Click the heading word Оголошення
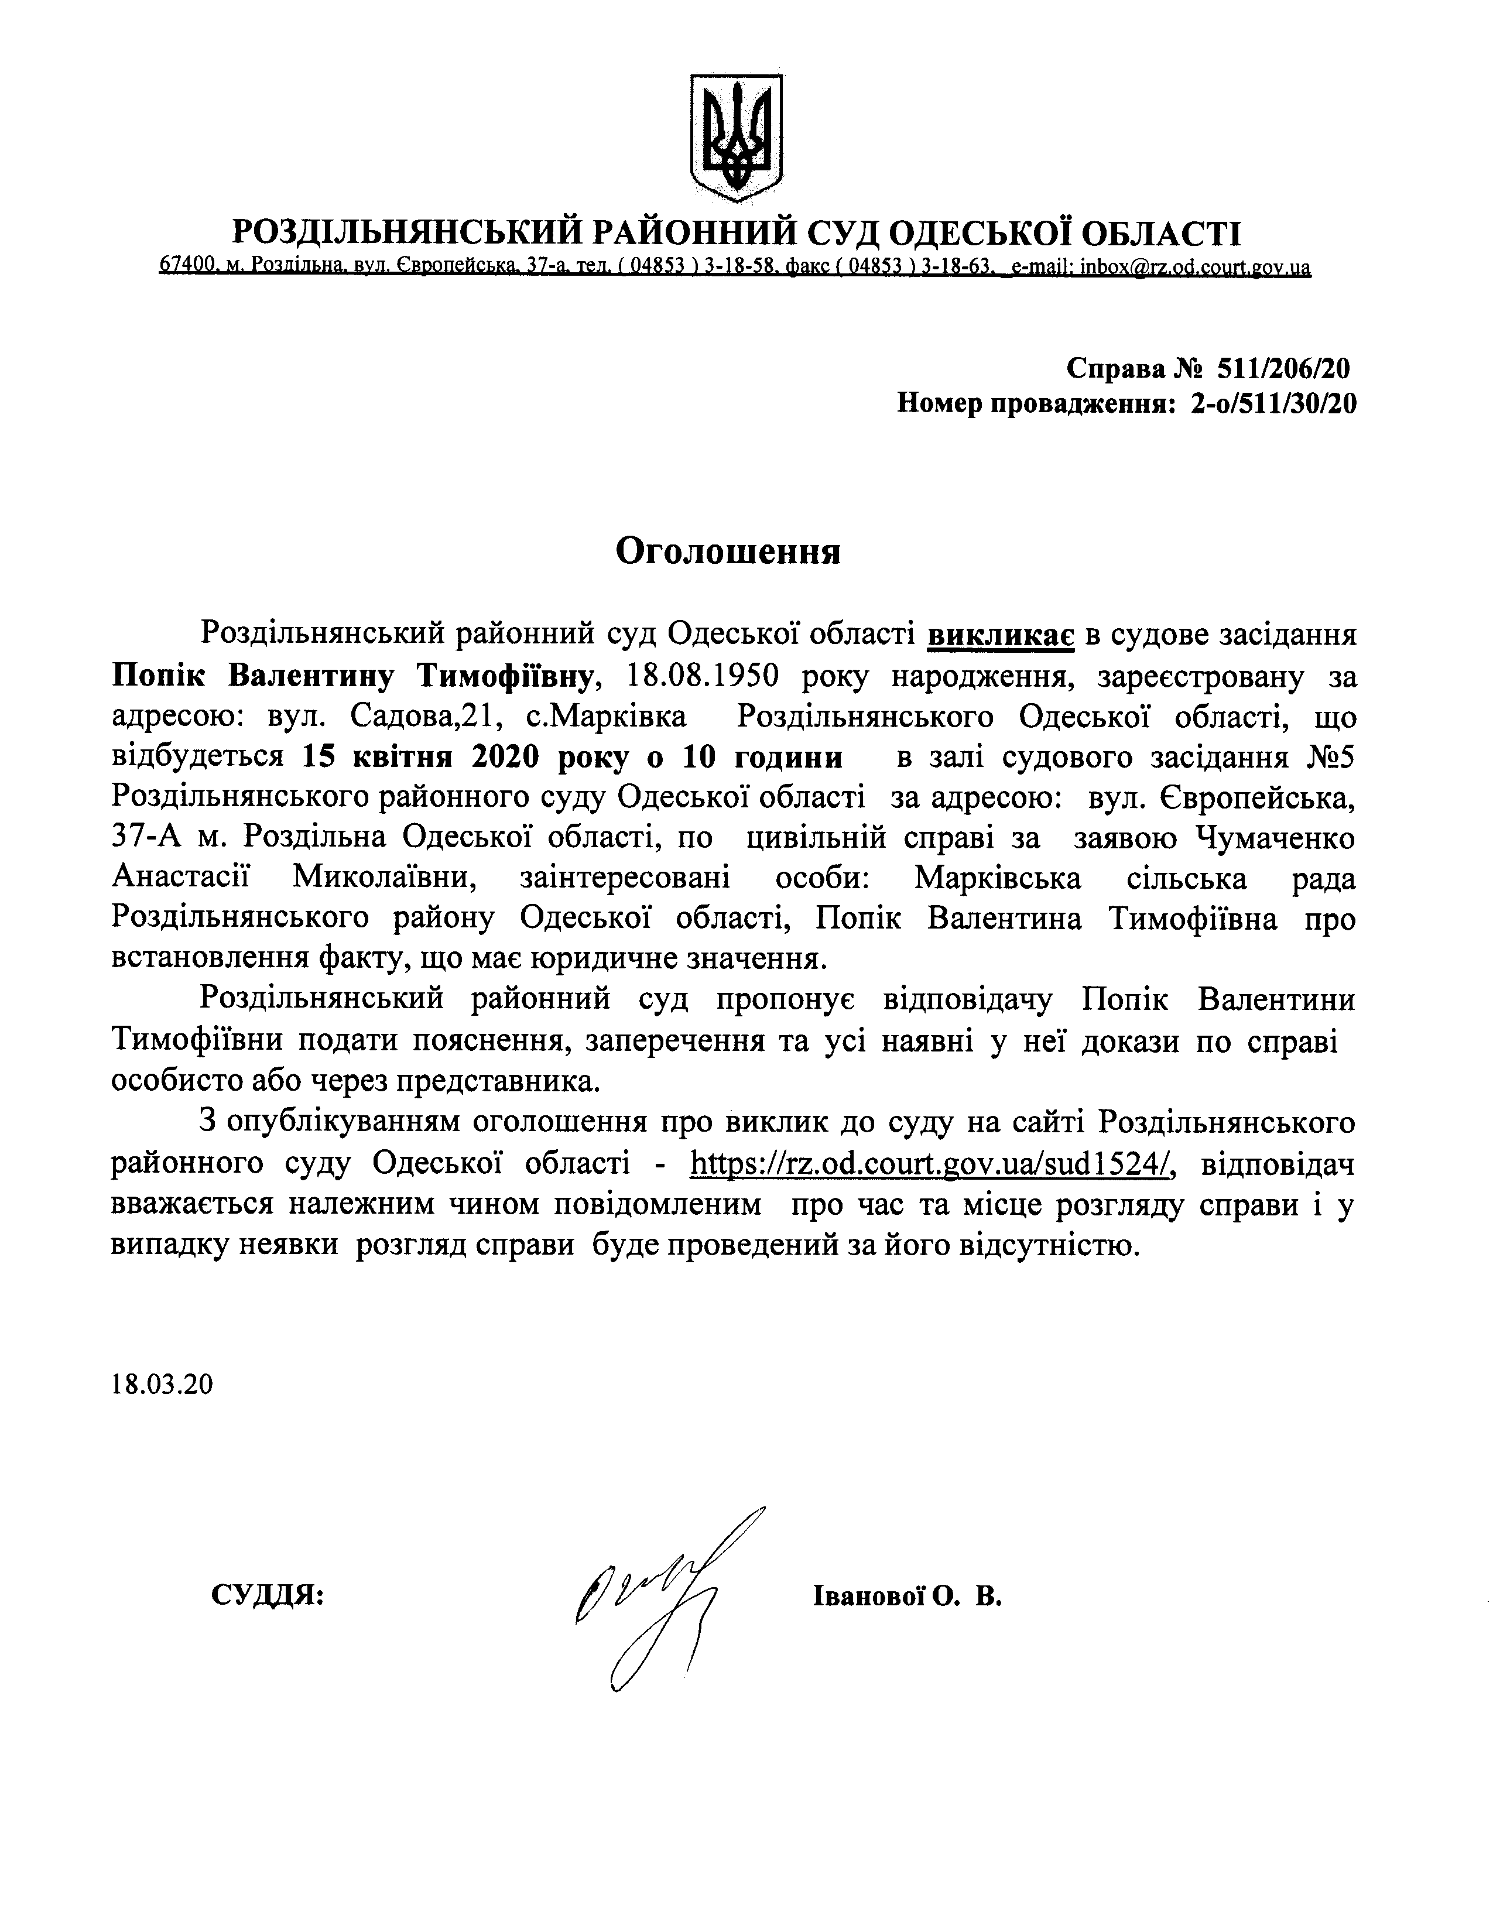(728, 552)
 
